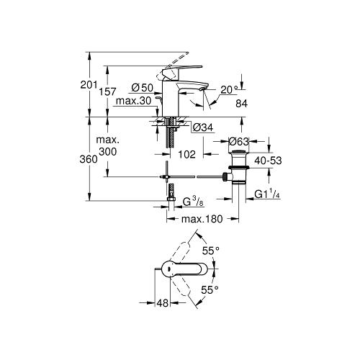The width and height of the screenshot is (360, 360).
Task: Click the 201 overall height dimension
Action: tap(89, 85)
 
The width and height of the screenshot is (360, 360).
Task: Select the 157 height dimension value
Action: tap(107, 91)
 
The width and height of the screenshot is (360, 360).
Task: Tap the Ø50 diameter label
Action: tap(143, 88)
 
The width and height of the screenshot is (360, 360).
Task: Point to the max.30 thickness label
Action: tap(134, 101)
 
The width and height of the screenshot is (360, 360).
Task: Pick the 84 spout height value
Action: tap(241, 104)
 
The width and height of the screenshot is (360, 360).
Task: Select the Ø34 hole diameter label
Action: tap(203, 127)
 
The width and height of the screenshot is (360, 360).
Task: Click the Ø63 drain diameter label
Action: tap(239, 142)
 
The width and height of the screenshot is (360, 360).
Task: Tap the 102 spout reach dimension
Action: tap(186, 154)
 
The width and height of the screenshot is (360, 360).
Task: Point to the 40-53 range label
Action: tap(268, 161)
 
